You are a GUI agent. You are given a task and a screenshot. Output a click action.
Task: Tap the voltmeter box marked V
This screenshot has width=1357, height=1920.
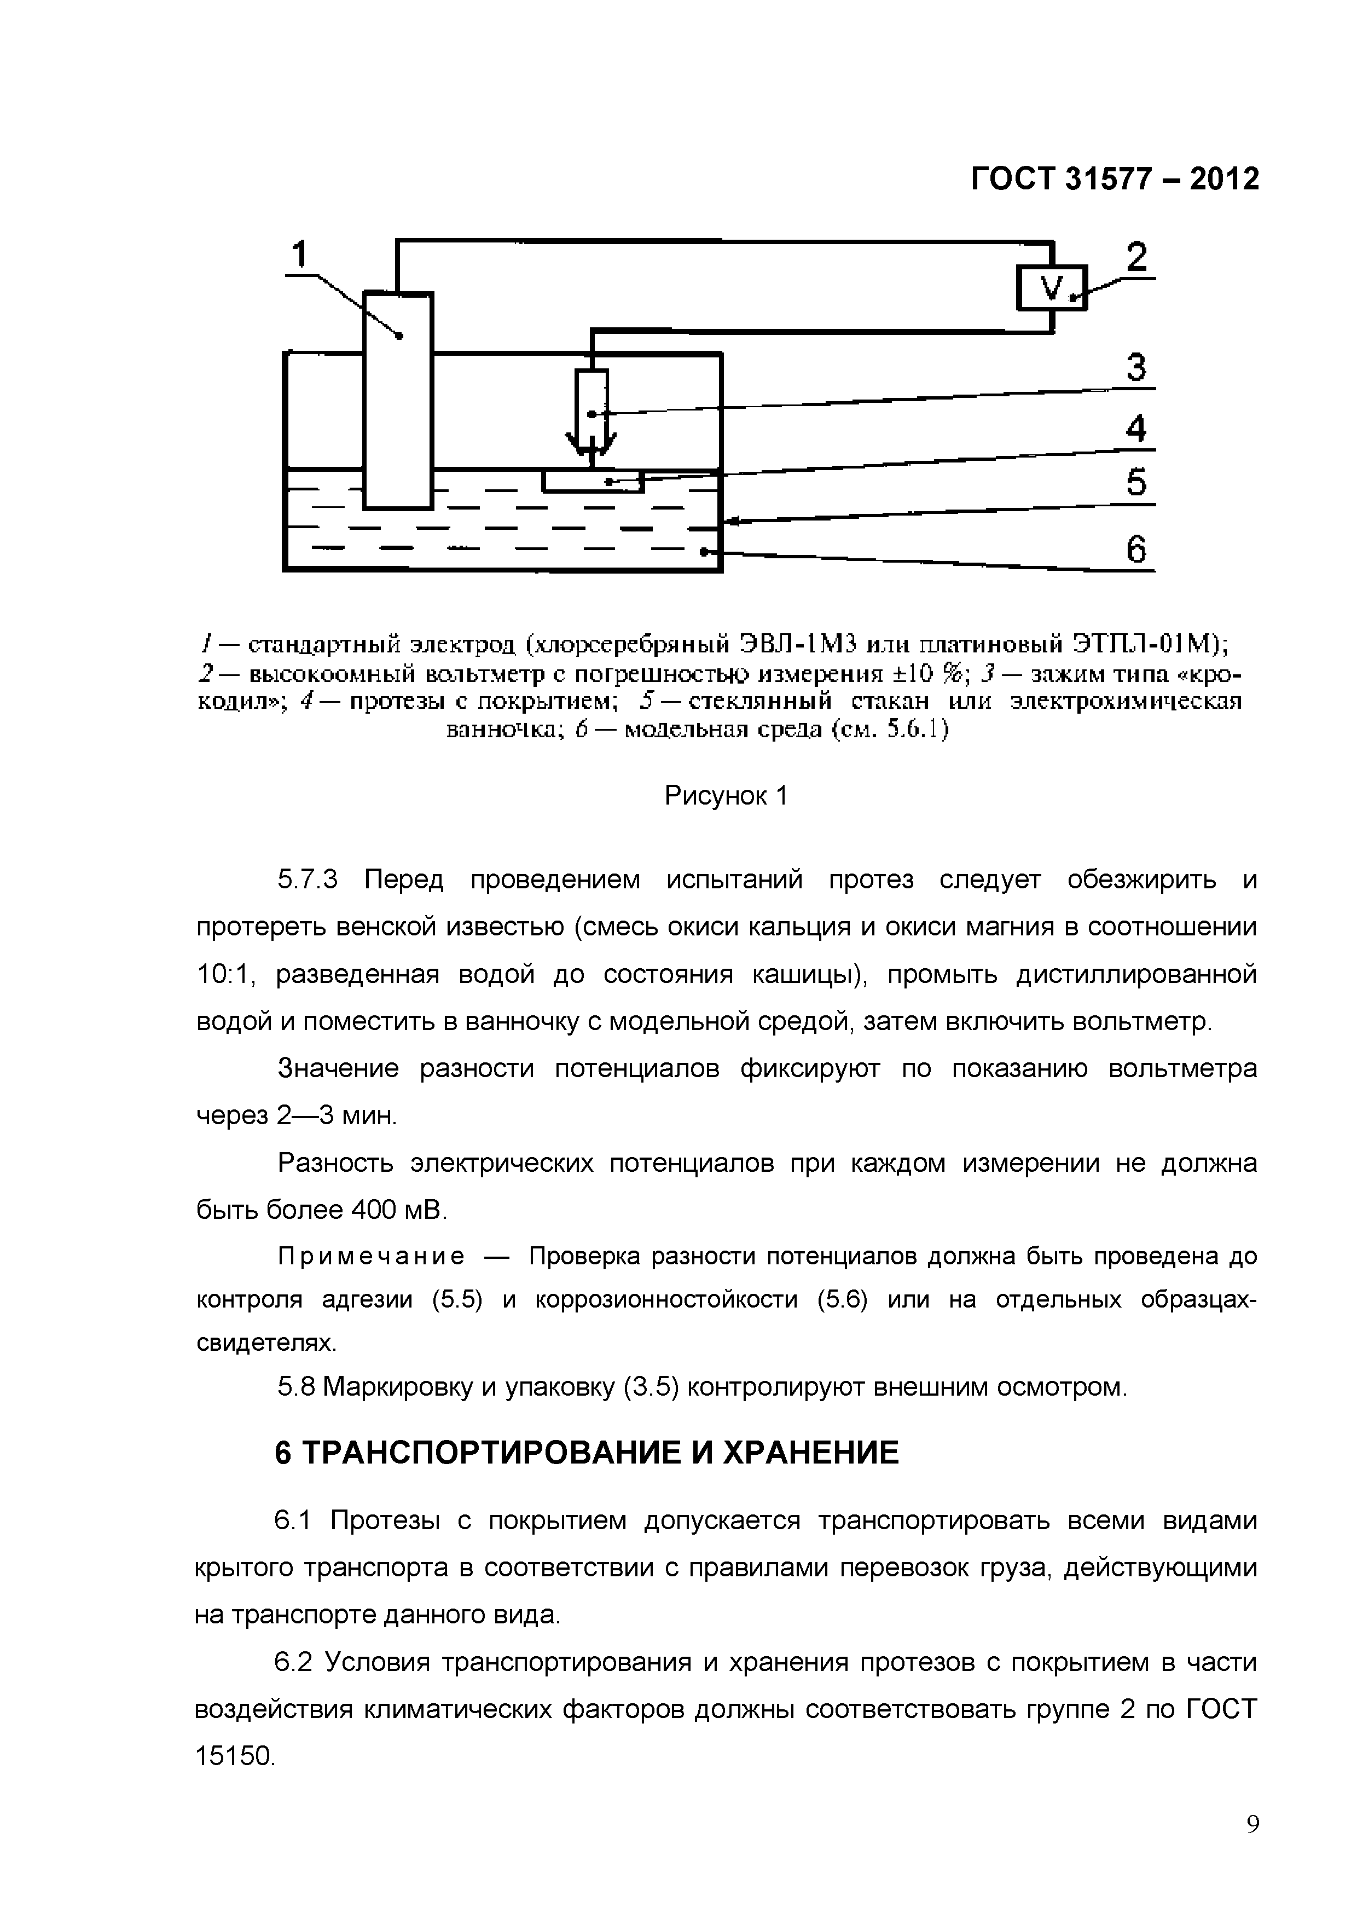(1051, 288)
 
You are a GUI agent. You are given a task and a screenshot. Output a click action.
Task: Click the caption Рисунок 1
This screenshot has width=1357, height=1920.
(725, 795)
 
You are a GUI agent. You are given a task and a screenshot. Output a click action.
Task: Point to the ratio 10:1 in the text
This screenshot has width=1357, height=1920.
(225, 975)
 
